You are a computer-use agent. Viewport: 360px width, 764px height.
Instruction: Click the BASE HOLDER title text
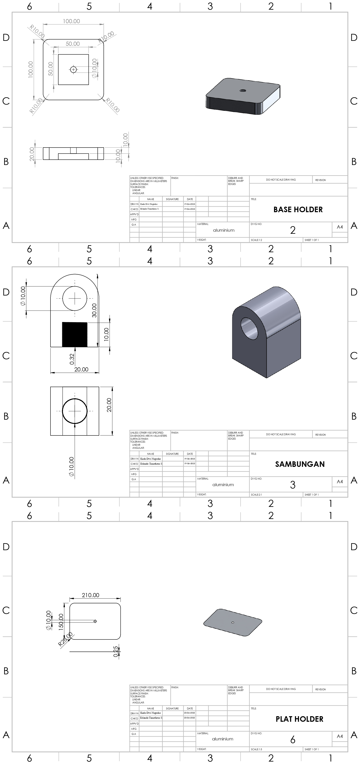click(298, 210)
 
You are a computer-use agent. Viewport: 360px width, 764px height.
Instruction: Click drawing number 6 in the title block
click(293, 740)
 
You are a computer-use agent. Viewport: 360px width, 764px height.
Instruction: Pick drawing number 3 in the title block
click(293, 485)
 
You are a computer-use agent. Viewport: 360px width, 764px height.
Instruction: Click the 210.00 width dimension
click(91, 595)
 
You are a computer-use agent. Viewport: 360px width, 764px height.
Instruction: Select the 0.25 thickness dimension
click(116, 652)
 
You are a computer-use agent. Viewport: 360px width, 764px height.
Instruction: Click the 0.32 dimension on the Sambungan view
click(72, 359)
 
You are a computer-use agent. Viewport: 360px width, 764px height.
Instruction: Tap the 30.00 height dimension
click(94, 310)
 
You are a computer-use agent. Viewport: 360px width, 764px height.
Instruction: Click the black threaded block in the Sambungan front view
click(75, 334)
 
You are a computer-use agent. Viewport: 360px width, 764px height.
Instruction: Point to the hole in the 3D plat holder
click(233, 623)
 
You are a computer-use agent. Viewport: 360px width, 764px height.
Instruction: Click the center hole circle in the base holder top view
click(73, 70)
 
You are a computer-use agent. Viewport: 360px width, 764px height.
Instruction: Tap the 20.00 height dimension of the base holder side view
click(32, 154)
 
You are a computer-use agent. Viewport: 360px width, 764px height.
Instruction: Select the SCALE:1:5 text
click(257, 749)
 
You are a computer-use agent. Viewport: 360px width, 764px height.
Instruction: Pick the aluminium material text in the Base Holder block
click(224, 230)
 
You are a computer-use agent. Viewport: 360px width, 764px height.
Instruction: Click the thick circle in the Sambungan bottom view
click(75, 411)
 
